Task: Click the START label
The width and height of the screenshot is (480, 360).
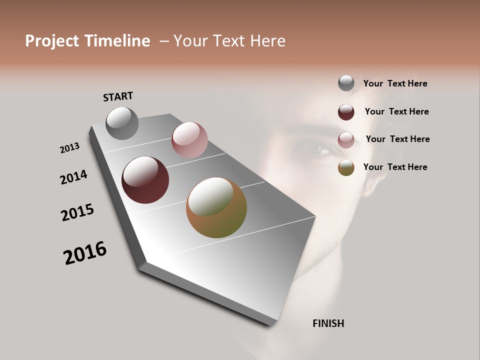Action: (x=118, y=96)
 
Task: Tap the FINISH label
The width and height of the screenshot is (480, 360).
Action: (x=328, y=323)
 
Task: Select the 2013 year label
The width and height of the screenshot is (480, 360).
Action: (x=70, y=147)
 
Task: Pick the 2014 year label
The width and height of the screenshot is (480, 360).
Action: (x=74, y=177)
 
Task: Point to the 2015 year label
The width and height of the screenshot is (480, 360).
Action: (x=77, y=212)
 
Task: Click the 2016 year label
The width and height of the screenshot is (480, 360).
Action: (x=85, y=253)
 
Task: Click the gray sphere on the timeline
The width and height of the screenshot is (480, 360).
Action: (x=122, y=123)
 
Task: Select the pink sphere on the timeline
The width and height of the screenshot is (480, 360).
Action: (x=189, y=140)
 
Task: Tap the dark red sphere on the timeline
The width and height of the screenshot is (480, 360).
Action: (x=145, y=180)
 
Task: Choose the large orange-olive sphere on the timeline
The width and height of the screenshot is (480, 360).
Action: (x=216, y=207)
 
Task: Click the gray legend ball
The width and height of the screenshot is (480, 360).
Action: (x=346, y=83)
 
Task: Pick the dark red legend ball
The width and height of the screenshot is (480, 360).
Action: (x=346, y=111)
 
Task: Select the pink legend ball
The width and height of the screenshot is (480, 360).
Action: (x=346, y=139)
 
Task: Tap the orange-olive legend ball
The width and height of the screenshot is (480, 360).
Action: (x=346, y=167)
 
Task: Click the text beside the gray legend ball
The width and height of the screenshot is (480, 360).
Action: (x=395, y=83)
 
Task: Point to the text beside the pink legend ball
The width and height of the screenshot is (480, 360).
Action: (x=397, y=139)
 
